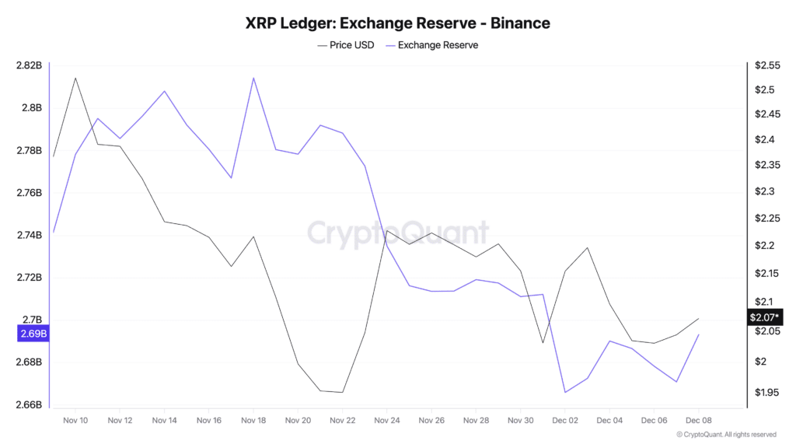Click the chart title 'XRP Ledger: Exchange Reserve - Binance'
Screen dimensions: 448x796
pos(397,23)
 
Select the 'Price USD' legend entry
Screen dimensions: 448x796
pos(346,45)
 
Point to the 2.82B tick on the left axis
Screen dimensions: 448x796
pos(29,65)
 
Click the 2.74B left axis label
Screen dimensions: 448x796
pos(29,235)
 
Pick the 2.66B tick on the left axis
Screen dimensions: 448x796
pos(29,405)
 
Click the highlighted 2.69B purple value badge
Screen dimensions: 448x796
pos(33,334)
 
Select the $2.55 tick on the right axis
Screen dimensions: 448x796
pos(765,65)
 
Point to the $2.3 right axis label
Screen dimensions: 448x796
pos(763,191)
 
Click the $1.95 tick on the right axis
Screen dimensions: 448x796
pos(765,393)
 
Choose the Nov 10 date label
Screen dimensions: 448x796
pos(75,420)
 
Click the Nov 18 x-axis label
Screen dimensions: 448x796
pos(253,420)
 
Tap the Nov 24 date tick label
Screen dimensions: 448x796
pos(387,420)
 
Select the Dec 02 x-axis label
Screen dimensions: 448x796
pos(565,420)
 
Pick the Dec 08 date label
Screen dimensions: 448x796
pos(699,420)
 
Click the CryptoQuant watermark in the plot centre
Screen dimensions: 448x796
pos(397,233)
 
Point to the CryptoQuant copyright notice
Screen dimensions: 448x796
pos(726,435)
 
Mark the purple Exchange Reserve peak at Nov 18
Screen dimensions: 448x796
pos(253,78)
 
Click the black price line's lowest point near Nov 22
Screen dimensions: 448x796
pos(342,392)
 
